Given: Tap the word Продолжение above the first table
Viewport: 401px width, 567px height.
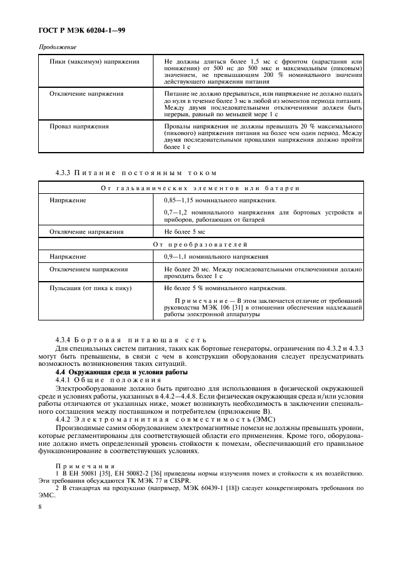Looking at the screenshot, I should pos(58,47).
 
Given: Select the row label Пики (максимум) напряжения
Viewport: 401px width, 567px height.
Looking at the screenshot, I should pos(94,62).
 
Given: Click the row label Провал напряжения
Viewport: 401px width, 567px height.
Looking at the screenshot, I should pos(79,126).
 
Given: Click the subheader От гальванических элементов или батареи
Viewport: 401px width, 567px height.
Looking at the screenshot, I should pos(200,188).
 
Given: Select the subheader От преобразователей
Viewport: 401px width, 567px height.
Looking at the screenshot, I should pos(200,244).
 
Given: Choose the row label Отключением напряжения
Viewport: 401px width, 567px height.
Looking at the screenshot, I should pos(89,269).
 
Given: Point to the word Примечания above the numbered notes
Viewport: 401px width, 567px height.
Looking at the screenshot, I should pos(81,465).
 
